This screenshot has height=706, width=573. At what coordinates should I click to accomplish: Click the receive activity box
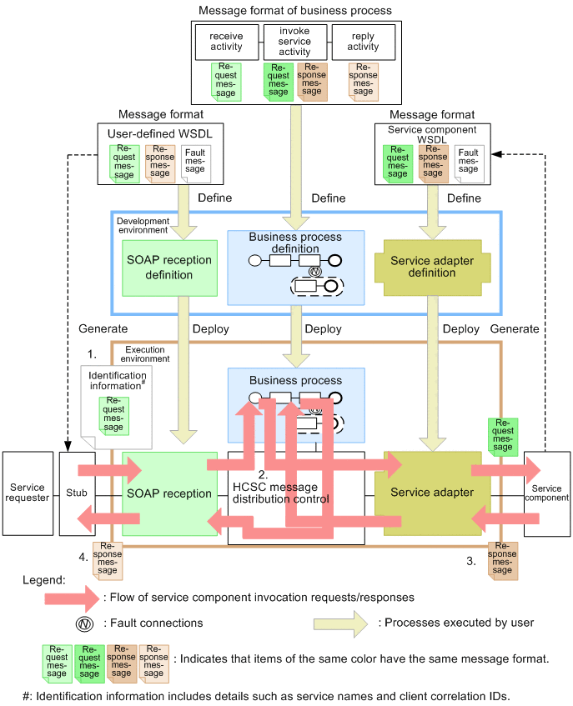coord(226,42)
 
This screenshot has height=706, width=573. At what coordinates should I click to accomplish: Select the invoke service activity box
coord(294,42)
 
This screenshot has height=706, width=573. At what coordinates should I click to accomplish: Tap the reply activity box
coord(363,42)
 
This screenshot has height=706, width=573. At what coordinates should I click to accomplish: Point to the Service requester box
coord(28,493)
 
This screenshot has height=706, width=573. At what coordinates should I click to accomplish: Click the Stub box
coord(77,493)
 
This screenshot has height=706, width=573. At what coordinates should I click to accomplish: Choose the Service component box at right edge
coord(546,493)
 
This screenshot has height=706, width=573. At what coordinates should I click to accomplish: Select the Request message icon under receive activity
coord(226,82)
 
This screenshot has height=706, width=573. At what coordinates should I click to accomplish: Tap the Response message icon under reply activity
coord(363,82)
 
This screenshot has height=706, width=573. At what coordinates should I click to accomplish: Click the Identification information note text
coord(118,381)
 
